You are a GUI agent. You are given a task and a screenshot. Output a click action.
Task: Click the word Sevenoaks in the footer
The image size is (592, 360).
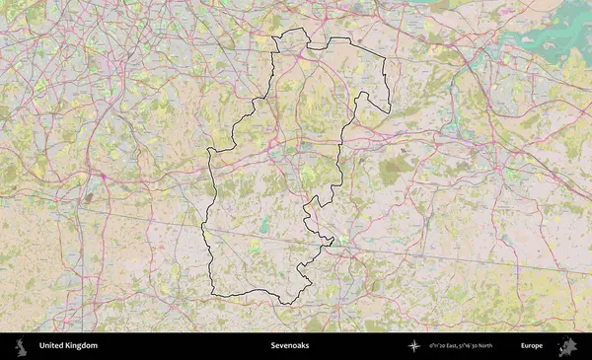[x=290, y=346]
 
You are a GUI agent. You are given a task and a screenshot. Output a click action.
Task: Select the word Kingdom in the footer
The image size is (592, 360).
[x=82, y=346]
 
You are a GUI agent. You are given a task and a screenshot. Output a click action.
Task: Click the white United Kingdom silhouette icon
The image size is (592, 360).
[x=20, y=346]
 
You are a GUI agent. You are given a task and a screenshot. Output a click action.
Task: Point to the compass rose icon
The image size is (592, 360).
[x=414, y=346]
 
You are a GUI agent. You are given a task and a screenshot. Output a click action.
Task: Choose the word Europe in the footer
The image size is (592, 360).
[x=532, y=346]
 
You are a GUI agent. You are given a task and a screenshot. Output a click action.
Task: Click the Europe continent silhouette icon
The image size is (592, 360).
[x=567, y=346]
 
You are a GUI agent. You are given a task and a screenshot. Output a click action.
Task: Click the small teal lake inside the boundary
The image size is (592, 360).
[x=264, y=221]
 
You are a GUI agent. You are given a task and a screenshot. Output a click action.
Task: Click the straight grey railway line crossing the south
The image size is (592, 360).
[x=444, y=255]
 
